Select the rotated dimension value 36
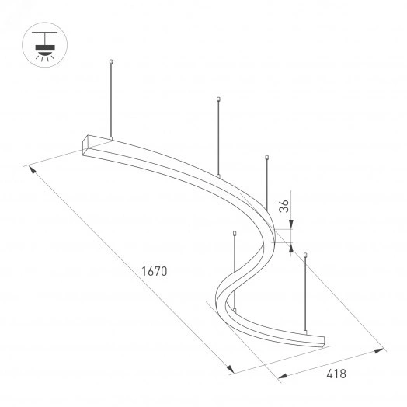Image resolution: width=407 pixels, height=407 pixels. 285,206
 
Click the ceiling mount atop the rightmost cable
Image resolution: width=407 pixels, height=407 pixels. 305,254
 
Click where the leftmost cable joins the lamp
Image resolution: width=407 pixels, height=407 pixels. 112,140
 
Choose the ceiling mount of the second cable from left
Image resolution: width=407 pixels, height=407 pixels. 220,99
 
